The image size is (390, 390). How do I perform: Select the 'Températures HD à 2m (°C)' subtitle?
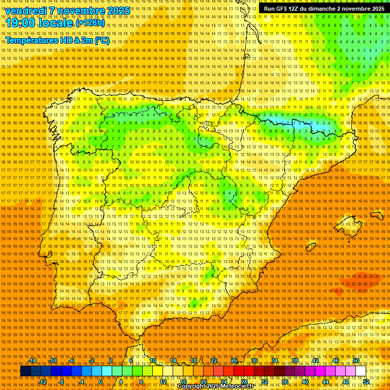tap(57, 40)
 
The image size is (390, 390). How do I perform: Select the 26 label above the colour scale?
tap(234, 361)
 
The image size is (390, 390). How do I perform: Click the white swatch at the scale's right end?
tap(361, 371)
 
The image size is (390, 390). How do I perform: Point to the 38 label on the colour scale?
tap(295, 361)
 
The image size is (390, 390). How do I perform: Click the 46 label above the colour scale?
tap(336, 361)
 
